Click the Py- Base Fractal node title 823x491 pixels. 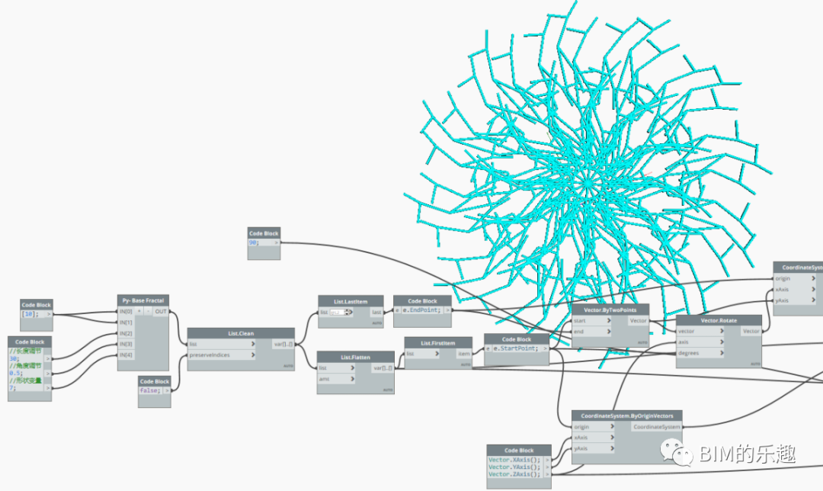[x=143, y=300]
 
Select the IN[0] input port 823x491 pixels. [x=126, y=312]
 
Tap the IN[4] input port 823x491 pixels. [x=126, y=355]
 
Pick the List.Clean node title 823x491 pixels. [x=241, y=333]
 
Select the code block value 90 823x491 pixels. [x=255, y=242]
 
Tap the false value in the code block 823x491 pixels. [x=149, y=390]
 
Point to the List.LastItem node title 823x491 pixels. [x=351, y=301]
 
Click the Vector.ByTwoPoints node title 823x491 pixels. [x=610, y=310]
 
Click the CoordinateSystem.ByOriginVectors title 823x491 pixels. [x=627, y=416]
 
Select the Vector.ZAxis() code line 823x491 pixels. [x=514, y=474]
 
